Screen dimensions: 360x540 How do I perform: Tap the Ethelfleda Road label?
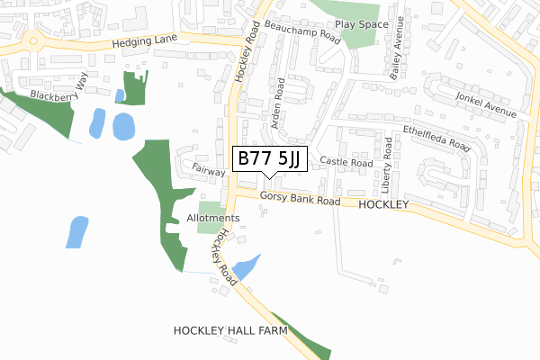tap(436, 138)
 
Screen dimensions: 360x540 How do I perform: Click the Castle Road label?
tap(346, 163)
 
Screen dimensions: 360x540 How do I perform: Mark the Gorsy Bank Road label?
tap(300, 199)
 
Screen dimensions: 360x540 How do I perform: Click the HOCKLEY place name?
tap(383, 205)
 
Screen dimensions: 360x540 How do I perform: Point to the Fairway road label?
tap(208, 168)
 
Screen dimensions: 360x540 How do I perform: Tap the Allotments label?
tap(213, 219)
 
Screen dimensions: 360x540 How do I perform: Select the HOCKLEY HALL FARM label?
tap(230, 331)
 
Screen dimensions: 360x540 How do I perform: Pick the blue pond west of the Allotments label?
tap(77, 231)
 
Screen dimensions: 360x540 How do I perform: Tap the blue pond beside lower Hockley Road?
tap(246, 266)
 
